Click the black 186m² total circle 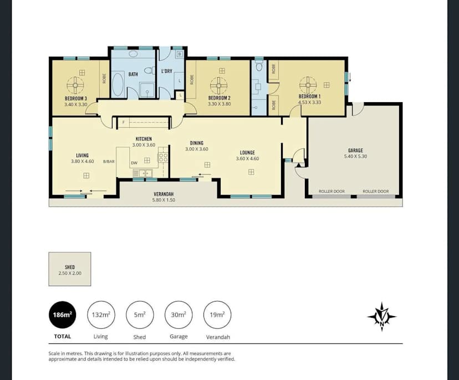pyautogui.click(x=63, y=316)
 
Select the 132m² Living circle pyautogui.click(x=101, y=316)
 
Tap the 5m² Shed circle pyautogui.click(x=140, y=316)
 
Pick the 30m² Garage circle pyautogui.click(x=178, y=316)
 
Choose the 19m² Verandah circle pyautogui.click(x=217, y=316)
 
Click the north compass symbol pyautogui.click(x=382, y=317)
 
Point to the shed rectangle pyautogui.click(x=70, y=269)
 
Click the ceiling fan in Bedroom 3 pyautogui.click(x=75, y=85)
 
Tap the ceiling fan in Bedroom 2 pyautogui.click(x=218, y=85)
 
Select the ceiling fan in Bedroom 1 pyautogui.click(x=308, y=85)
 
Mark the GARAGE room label pyautogui.click(x=355, y=151)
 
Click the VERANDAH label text pyautogui.click(x=164, y=194)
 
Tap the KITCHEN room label pyautogui.click(x=144, y=139)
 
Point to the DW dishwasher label pyautogui.click(x=134, y=163)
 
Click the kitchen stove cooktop pyautogui.click(x=163, y=157)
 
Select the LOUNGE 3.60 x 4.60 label pyautogui.click(x=247, y=155)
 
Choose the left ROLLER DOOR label pyautogui.click(x=331, y=192)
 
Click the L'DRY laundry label pyautogui.click(x=166, y=72)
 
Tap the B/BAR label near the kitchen pyautogui.click(x=109, y=161)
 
